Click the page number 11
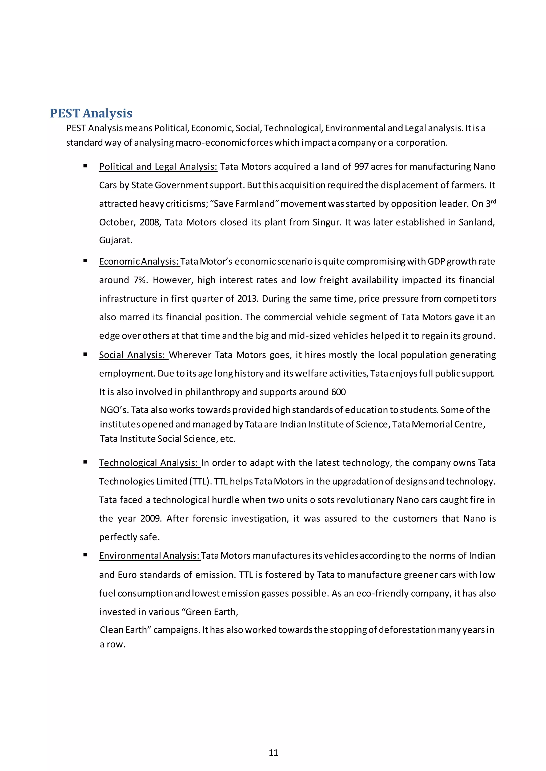[273, 753]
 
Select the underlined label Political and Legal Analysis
[158, 167]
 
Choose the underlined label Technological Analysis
[149, 463]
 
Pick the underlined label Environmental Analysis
[150, 555]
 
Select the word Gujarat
[115, 240]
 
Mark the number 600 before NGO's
[338, 392]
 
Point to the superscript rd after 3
[493, 202]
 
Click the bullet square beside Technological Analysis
[85, 462]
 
